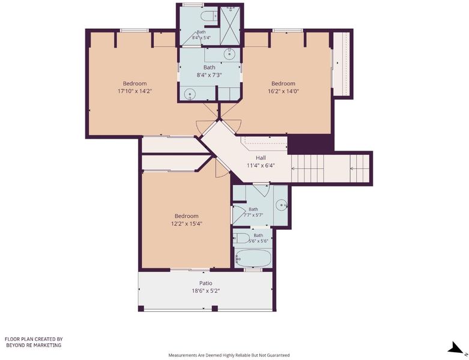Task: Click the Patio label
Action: tap(206, 283)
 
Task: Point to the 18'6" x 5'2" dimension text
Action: tap(206, 290)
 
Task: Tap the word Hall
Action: tap(261, 158)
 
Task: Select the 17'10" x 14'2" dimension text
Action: tap(135, 91)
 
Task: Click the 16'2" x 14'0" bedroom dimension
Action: tap(283, 91)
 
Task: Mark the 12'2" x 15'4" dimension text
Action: tap(187, 223)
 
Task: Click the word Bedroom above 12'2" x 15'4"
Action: tap(187, 216)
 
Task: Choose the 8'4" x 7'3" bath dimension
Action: tap(210, 75)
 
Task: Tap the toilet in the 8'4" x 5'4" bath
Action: tap(209, 16)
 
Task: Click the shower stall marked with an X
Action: tap(230, 26)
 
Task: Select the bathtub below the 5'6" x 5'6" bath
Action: tap(253, 258)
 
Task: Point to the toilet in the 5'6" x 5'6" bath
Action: tap(241, 238)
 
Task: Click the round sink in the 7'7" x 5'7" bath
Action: tap(282, 205)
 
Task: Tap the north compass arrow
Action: tap(455, 349)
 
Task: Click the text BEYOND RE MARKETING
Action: tap(34, 345)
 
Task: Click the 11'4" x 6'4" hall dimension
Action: tap(261, 165)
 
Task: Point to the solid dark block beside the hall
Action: tap(310, 144)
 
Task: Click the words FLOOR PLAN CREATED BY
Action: tap(34, 339)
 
